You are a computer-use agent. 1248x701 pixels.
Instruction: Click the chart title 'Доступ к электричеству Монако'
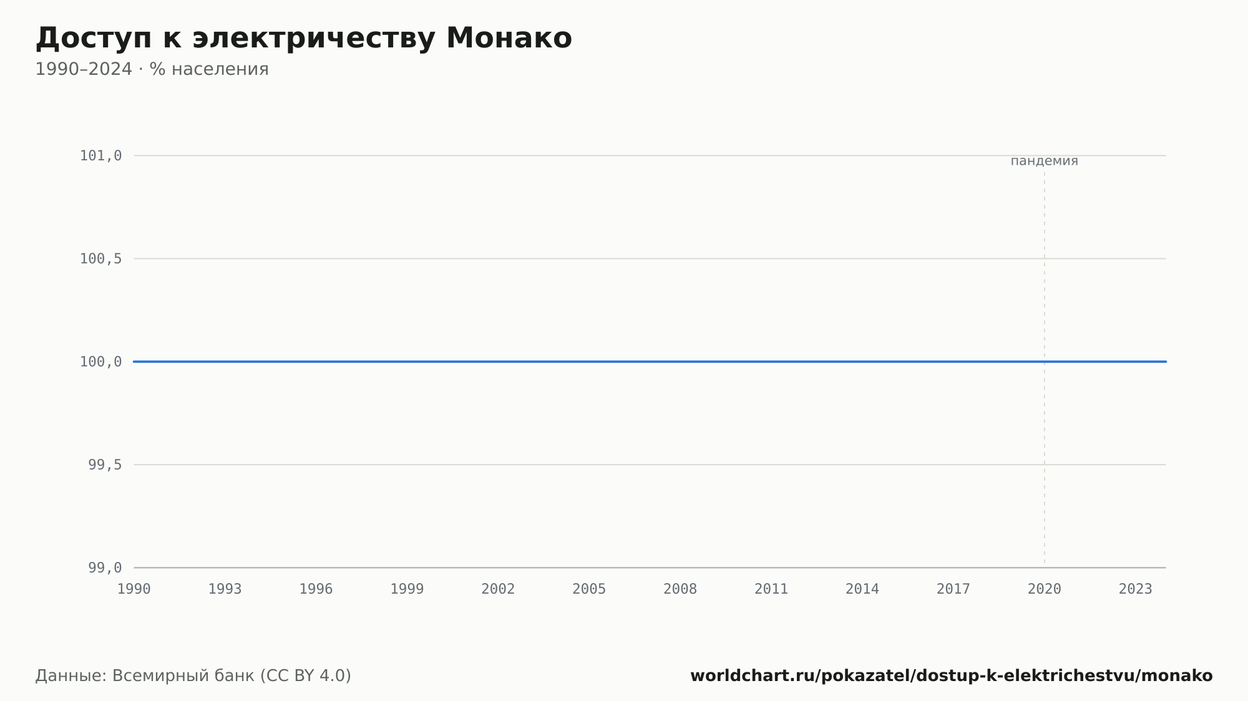[304, 39]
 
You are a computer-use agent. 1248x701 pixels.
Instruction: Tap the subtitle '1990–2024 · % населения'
[152, 69]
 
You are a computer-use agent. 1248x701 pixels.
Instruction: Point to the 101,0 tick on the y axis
[100, 156]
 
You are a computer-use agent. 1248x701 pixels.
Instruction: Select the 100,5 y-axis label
[100, 259]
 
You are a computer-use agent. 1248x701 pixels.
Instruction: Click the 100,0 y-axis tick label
[100, 362]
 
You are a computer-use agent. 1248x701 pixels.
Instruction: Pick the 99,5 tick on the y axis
[105, 465]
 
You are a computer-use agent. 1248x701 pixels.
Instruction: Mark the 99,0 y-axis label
[105, 568]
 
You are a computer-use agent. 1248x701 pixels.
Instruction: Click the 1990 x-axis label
[134, 589]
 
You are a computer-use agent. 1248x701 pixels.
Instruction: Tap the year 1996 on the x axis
[316, 589]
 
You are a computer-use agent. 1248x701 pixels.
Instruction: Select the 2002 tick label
[498, 589]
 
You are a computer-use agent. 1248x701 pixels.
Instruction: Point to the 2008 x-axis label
[680, 589]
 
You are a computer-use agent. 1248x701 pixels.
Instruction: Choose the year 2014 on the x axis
[862, 589]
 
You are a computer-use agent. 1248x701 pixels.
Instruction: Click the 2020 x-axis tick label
[1045, 589]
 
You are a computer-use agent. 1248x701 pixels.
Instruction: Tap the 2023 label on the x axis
[1136, 589]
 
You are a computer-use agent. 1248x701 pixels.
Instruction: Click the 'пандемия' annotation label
[1045, 161]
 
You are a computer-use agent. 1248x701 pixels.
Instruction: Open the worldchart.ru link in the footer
[952, 675]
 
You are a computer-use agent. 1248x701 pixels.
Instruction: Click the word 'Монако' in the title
[509, 39]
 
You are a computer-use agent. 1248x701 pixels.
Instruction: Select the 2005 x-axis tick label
[589, 589]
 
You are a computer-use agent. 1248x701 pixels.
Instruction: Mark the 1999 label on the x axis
[407, 589]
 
